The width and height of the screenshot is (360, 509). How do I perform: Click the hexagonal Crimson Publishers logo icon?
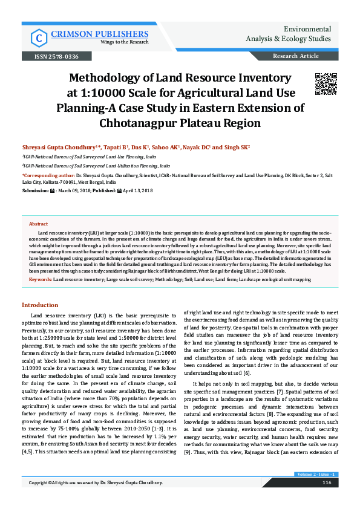point(40,37)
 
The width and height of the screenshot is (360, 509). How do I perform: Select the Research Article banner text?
point(296,56)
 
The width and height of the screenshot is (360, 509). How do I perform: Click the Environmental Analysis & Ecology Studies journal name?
point(302,34)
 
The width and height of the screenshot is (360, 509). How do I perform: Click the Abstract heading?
point(38,224)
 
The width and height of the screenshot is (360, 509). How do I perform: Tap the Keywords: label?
point(41,280)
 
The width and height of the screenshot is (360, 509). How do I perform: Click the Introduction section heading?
point(40,305)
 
